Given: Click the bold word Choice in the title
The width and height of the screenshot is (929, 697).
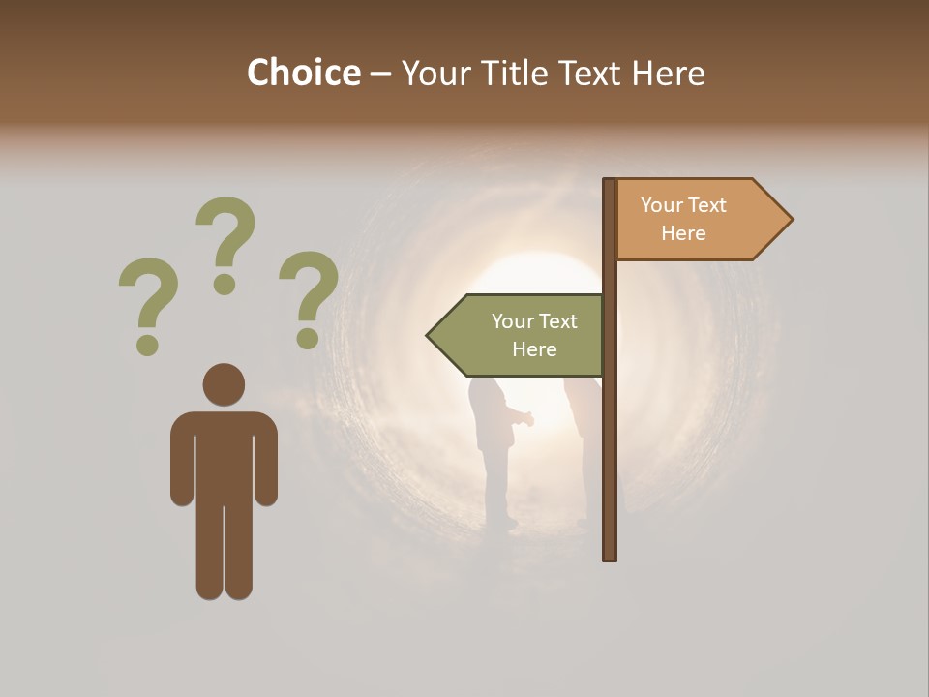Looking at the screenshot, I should (x=303, y=73).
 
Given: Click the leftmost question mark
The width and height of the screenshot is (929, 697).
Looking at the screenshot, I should (x=147, y=295).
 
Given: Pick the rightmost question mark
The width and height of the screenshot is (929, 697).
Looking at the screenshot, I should (x=310, y=290).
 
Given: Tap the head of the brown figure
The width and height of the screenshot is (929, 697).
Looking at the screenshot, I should (x=224, y=384).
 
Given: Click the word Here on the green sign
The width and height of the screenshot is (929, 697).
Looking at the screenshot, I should (x=534, y=349).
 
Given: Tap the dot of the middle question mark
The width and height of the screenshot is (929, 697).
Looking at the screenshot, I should (x=225, y=284).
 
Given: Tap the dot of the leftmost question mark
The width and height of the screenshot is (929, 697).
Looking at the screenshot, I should (x=147, y=344).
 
